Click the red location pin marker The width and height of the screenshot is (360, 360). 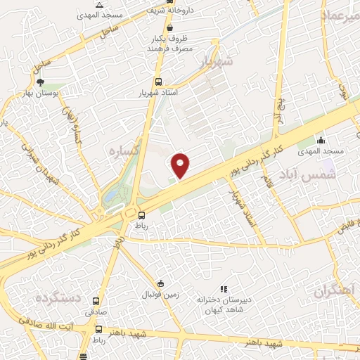[181, 165]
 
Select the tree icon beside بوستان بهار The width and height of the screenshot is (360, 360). [40, 82]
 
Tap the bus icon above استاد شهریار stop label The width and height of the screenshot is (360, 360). [160, 82]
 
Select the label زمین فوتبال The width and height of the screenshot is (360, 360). [161, 295]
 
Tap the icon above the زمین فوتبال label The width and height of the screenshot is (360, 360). [161, 284]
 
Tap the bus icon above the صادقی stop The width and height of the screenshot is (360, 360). [96, 300]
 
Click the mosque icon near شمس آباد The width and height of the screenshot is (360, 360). [322, 140]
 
